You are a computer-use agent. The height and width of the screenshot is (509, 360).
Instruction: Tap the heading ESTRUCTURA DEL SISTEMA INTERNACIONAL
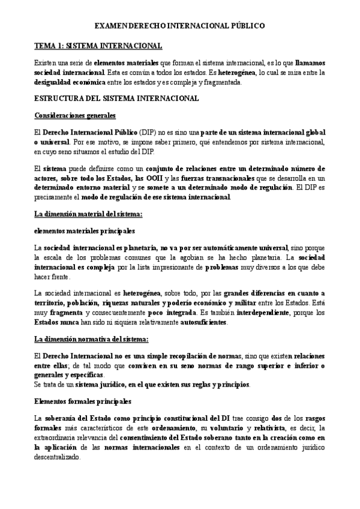116,98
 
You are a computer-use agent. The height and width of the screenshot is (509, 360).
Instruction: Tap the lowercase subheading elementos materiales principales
85,230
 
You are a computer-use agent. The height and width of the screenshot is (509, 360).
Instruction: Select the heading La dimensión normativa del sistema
90,340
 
